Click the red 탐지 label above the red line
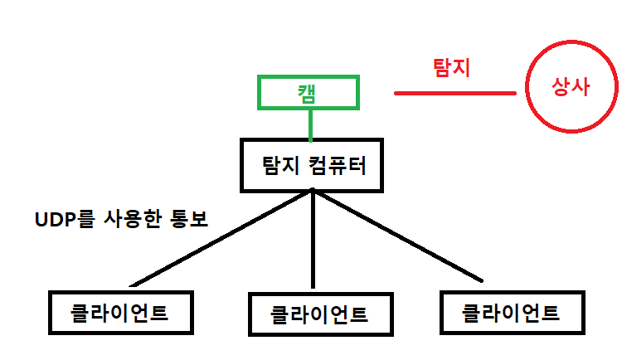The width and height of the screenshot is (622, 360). pyautogui.click(x=452, y=67)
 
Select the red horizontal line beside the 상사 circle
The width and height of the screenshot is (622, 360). pyautogui.click(x=454, y=93)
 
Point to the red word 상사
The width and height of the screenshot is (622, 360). pyautogui.click(x=571, y=87)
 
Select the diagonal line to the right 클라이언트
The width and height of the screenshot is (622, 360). pyautogui.click(x=398, y=236)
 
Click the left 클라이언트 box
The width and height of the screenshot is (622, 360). pyautogui.click(x=120, y=314)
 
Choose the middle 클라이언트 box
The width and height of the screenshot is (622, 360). pyautogui.click(x=319, y=315)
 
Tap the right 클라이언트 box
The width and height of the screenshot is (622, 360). pyautogui.click(x=510, y=314)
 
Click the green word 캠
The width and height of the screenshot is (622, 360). pyautogui.click(x=309, y=92)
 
